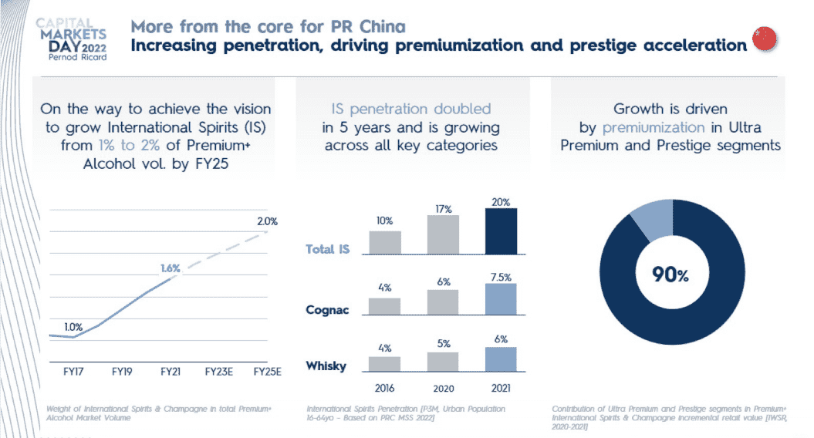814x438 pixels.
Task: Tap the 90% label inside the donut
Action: (x=670, y=275)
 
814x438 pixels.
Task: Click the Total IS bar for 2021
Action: (x=501, y=231)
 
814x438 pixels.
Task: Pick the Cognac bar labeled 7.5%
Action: (x=501, y=299)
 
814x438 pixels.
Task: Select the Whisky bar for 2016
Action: (x=384, y=364)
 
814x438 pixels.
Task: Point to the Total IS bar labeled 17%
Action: (x=443, y=234)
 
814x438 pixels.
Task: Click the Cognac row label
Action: (x=327, y=309)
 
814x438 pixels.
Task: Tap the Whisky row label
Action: (x=326, y=366)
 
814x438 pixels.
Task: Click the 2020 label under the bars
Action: (x=443, y=389)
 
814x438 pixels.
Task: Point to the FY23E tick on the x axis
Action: (x=218, y=371)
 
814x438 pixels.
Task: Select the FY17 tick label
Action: (x=74, y=371)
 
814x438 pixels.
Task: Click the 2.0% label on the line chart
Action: (x=266, y=221)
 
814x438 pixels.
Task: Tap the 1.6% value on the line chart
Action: (x=171, y=268)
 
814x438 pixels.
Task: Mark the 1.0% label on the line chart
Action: (x=73, y=327)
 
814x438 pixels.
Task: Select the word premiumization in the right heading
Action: (x=654, y=127)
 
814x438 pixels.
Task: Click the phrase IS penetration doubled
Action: (x=410, y=109)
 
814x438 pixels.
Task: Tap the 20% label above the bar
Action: (x=501, y=201)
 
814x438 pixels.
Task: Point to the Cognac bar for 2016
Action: (x=384, y=305)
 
